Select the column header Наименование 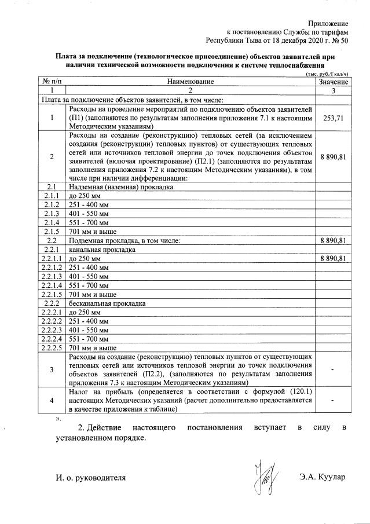tap(191, 83)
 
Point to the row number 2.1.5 tap(52, 231)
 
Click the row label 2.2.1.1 tap(52, 258)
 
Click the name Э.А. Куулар tap(323, 477)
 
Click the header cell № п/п tap(52, 83)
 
